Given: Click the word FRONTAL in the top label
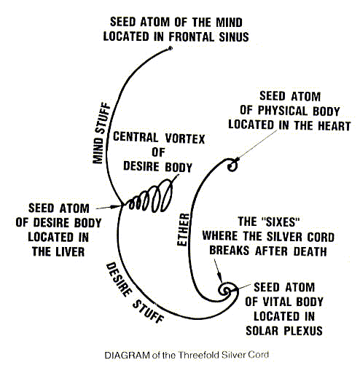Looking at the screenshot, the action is tap(192, 37).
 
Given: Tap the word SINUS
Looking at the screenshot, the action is tap(234, 37).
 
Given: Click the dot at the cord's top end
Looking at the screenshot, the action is tap(171, 48).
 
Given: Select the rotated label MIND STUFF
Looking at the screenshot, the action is tap(101, 133).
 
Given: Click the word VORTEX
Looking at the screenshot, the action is tap(185, 138).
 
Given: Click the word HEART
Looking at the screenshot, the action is tap(334, 126).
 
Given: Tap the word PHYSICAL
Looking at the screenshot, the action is tap(283, 111).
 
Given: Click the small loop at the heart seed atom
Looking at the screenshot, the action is tap(232, 165).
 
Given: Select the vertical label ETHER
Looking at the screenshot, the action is tap(184, 230).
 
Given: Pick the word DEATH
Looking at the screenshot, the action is tap(310, 251).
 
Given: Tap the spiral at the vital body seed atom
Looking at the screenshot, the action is tap(227, 290).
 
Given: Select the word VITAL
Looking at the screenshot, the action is tap(276, 302).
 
